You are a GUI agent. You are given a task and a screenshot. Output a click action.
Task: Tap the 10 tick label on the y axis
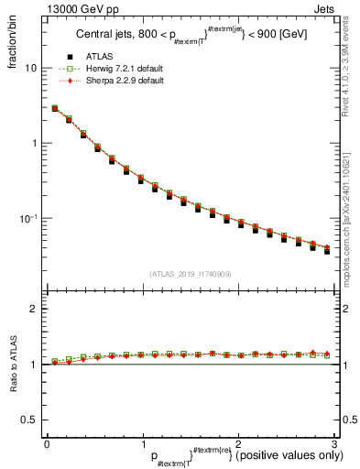(30, 69)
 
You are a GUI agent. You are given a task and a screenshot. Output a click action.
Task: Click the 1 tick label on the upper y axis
(35, 144)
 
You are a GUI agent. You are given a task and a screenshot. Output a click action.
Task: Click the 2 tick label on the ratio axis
(34, 309)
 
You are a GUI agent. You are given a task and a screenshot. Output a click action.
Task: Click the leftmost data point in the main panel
(55, 108)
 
